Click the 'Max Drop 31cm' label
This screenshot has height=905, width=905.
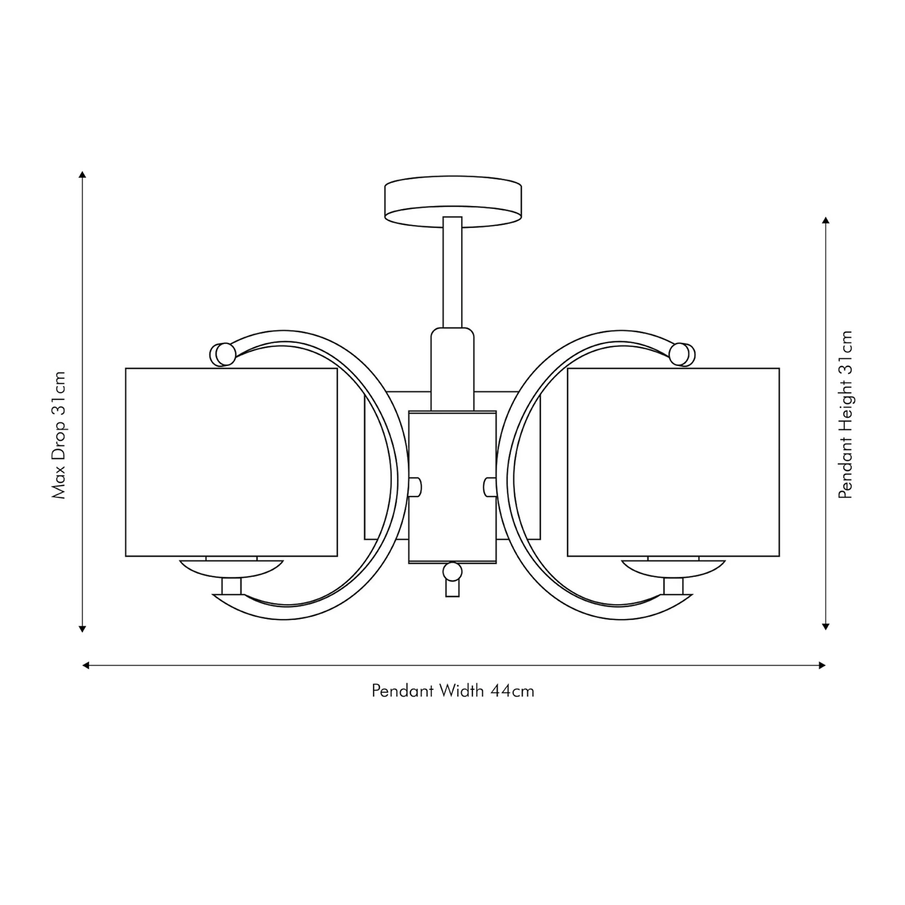[x=59, y=435]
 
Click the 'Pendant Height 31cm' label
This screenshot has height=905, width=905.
[x=846, y=414]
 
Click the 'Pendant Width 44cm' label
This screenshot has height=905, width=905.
[x=452, y=691]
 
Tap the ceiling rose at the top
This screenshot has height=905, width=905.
[x=452, y=202]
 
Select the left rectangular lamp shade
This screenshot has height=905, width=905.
[x=231, y=462]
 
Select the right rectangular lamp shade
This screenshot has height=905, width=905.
[x=674, y=462]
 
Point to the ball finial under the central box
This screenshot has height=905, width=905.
[x=452, y=572]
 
